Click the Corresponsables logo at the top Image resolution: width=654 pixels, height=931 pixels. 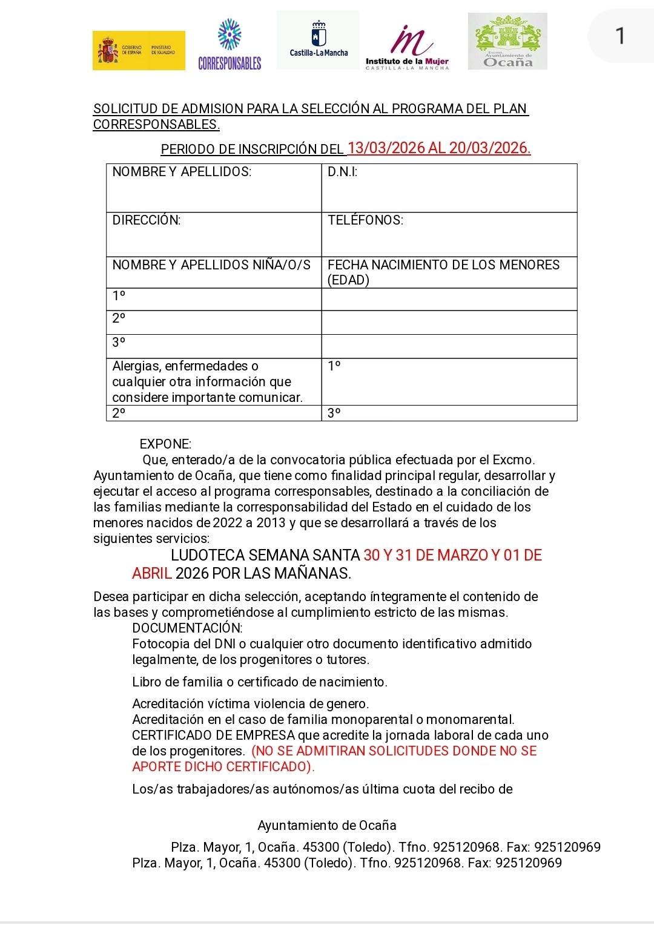point(230,44)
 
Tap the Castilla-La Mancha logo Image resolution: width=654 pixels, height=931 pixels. point(319,40)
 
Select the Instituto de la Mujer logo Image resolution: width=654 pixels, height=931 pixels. point(407,47)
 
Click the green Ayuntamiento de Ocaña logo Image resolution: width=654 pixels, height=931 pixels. point(507,41)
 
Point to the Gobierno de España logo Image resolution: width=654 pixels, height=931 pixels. point(139,50)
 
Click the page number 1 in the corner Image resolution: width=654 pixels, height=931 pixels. point(619,36)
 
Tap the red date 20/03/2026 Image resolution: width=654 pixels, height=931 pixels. point(490,148)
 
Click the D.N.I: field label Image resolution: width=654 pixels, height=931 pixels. point(342,172)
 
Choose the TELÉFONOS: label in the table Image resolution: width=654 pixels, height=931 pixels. point(365,220)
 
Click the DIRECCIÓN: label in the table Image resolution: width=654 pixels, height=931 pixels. point(147,220)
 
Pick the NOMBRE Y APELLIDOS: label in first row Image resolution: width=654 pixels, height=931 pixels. point(182,172)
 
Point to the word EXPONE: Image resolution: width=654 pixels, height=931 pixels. point(165,444)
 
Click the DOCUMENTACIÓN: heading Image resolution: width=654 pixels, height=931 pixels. point(187,628)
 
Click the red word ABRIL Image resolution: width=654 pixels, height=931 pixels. point(152,573)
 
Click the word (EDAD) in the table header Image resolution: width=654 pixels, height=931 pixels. point(348,280)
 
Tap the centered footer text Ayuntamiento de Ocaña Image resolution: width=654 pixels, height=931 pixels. point(327,826)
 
